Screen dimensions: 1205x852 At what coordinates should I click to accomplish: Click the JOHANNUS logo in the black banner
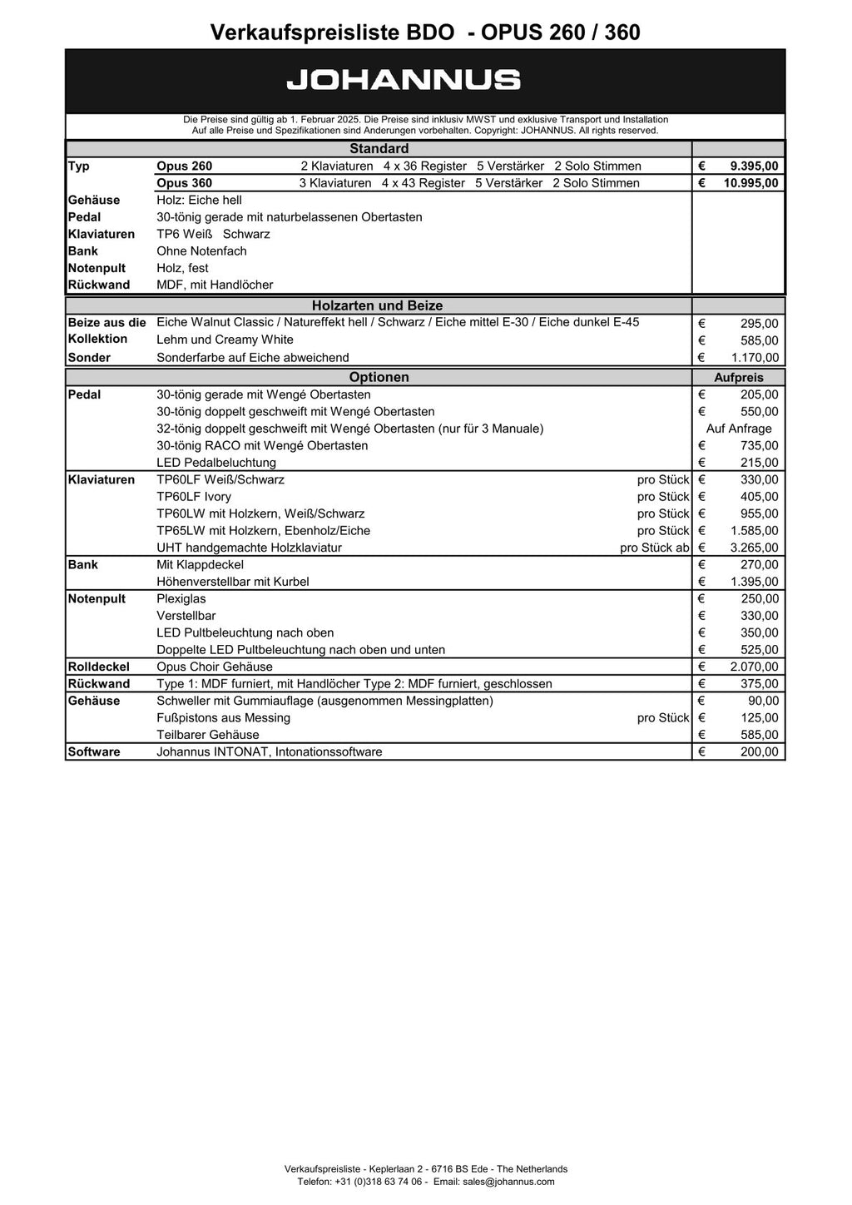pyautogui.click(x=404, y=81)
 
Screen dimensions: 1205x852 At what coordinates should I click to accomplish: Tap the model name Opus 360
pyautogui.click(x=184, y=183)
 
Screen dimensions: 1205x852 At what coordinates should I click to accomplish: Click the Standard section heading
pyautogui.click(x=379, y=149)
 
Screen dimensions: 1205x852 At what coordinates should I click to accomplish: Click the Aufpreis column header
pyautogui.click(x=738, y=378)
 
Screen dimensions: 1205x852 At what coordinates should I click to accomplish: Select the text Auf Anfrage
pyautogui.click(x=738, y=429)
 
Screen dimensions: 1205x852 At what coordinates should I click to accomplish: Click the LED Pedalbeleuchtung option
pyautogui.click(x=216, y=463)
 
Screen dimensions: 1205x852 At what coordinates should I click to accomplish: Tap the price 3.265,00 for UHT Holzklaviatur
pyautogui.click(x=755, y=548)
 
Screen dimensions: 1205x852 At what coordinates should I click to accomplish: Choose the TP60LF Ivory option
pyautogui.click(x=194, y=497)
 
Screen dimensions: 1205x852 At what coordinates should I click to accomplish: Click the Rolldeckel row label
pyautogui.click(x=98, y=667)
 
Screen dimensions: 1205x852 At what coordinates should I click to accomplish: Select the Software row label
pyautogui.click(x=94, y=751)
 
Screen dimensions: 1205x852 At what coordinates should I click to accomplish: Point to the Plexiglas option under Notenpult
pyautogui.click(x=181, y=598)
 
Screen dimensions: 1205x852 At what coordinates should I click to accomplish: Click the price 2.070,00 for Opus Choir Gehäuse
pyautogui.click(x=755, y=667)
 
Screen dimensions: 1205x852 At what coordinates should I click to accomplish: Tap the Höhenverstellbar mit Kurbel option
pyautogui.click(x=232, y=582)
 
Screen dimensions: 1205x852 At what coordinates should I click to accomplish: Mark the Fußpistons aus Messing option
pyautogui.click(x=223, y=717)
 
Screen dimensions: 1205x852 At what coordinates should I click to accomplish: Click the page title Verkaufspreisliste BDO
pyautogui.click(x=332, y=32)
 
